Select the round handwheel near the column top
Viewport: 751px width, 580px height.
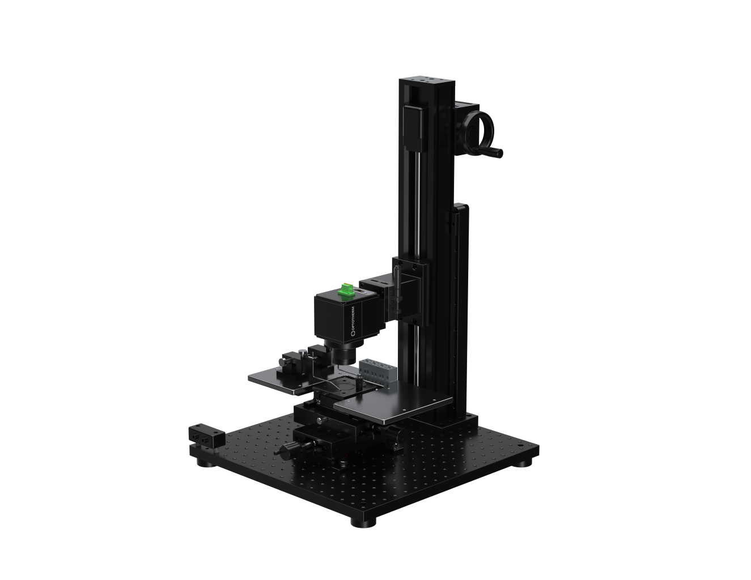479,131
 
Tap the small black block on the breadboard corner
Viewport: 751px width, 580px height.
207,434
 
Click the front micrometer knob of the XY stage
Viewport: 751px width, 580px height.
287,449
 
